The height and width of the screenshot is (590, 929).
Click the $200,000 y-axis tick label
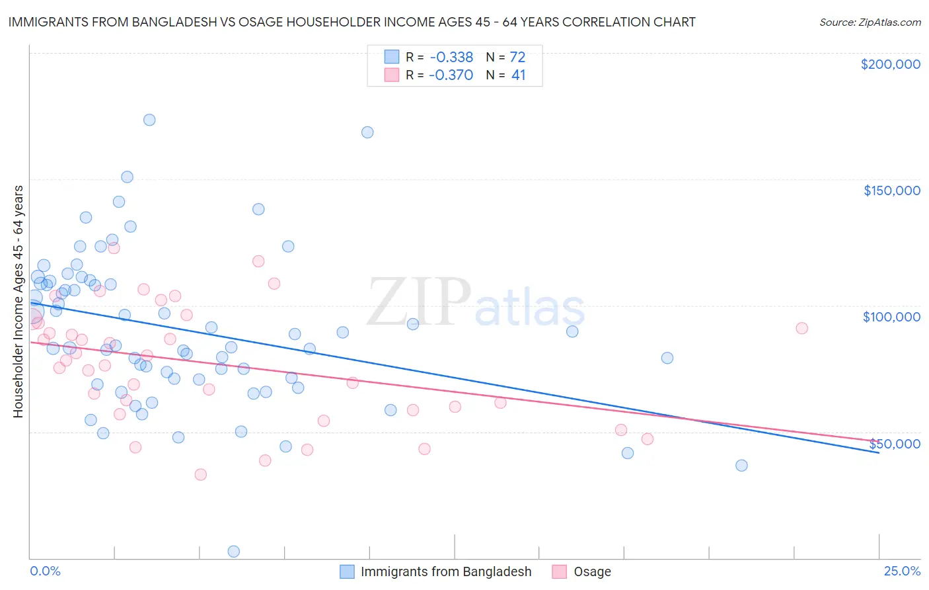pos(890,64)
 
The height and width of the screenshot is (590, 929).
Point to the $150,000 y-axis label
pos(891,190)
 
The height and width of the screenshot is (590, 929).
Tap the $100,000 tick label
pos(891,317)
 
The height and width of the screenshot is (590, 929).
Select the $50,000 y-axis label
pos(894,444)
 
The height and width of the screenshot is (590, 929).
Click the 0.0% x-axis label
pos(45,571)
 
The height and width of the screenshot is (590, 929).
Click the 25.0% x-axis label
pos(902,571)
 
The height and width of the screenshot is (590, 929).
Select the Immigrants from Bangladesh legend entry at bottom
pos(445,571)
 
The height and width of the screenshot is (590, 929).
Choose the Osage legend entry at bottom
pos(592,571)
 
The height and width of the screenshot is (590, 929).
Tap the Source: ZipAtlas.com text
pos(870,22)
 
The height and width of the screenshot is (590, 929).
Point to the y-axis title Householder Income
pos(18,301)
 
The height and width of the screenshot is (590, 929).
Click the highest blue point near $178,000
pos(149,120)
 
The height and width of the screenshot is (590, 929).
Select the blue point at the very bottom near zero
pos(233,551)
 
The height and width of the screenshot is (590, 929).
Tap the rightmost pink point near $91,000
pos(801,328)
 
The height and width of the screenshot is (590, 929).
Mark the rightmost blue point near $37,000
pos(741,465)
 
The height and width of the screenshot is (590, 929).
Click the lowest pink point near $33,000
pos(200,474)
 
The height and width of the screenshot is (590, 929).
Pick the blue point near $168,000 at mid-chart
pos(367,132)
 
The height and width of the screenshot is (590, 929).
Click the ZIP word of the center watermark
pos(418,302)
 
